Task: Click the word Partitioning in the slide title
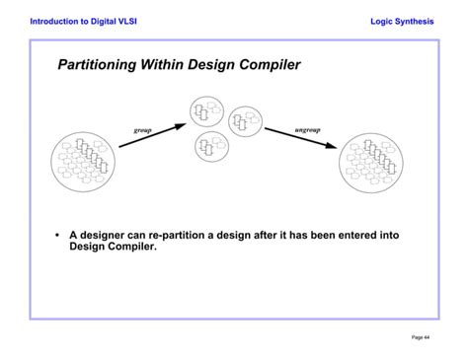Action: click(100, 66)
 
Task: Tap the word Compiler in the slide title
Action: click(266, 66)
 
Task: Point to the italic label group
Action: click(143, 129)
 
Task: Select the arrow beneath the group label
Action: click(152, 136)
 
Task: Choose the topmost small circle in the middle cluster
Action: click(206, 110)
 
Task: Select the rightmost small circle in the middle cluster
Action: click(244, 122)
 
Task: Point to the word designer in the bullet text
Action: click(110, 236)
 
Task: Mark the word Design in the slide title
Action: click(215, 66)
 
